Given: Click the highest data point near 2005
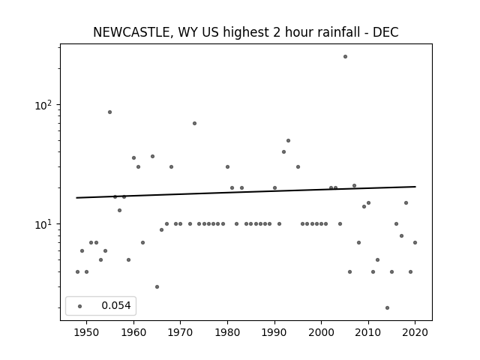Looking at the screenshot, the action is (x=345, y=57).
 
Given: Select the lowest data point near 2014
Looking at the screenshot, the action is (x=387, y=307).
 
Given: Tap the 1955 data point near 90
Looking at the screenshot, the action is (x=109, y=112).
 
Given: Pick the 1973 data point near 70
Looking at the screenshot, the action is (x=194, y=123).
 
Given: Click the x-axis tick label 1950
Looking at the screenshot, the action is (x=87, y=332).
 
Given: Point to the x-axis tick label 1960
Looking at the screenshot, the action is (x=133, y=332).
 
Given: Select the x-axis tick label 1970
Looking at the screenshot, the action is (x=180, y=332).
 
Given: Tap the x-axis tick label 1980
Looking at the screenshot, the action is (x=227, y=332).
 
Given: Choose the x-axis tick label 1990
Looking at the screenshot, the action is (x=274, y=332).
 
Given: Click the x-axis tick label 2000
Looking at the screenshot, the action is (x=322, y=332).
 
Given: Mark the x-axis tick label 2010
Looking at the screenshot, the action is (x=368, y=332).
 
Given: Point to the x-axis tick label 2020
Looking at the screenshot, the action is (x=415, y=332).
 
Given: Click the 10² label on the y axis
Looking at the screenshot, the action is (x=43, y=105).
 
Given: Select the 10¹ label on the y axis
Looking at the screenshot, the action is (x=43, y=224).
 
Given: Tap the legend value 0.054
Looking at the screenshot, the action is (x=116, y=305).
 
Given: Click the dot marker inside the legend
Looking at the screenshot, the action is (x=80, y=306).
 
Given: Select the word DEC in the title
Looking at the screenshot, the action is (x=385, y=32).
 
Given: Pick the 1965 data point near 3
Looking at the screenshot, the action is (x=157, y=286).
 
